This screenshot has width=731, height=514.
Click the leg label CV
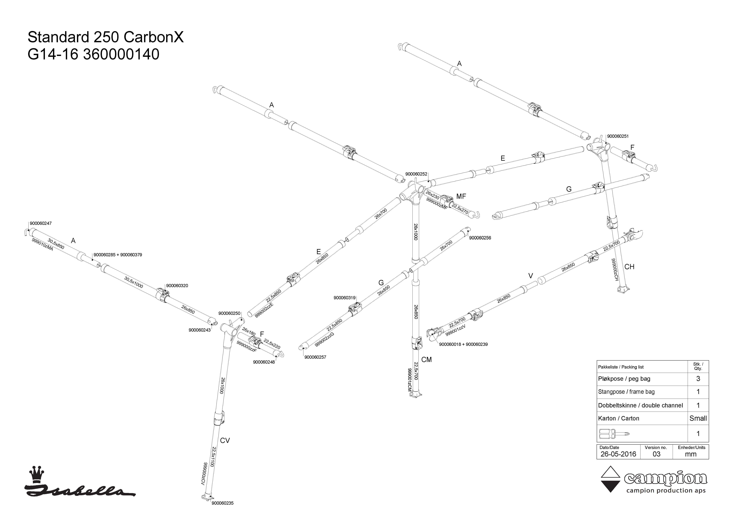point(225,441)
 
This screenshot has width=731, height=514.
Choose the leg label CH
point(629,267)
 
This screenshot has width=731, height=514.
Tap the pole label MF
point(461,197)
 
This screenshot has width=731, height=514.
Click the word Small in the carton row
point(698,418)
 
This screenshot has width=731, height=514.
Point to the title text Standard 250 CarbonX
point(106,37)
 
